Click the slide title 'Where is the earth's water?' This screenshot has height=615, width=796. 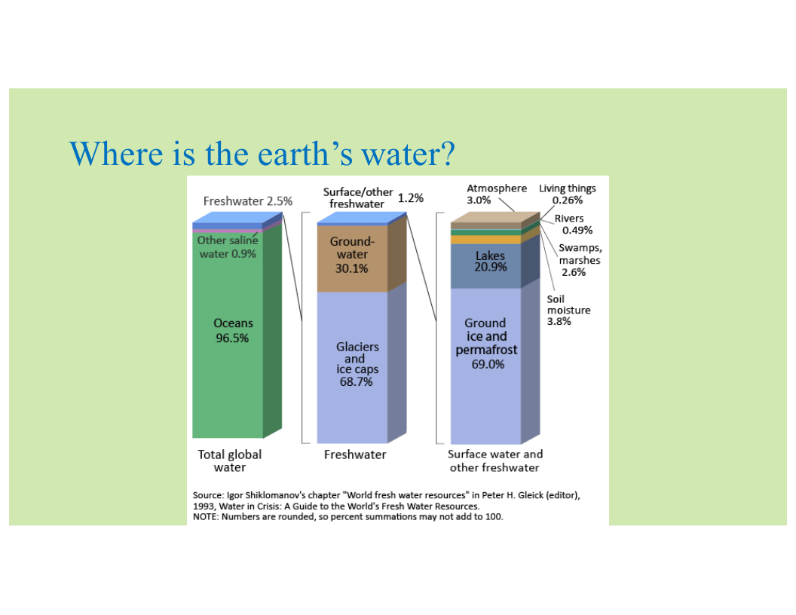(x=262, y=154)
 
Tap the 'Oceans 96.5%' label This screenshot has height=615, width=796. (x=233, y=330)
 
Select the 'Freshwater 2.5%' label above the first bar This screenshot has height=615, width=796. (x=248, y=201)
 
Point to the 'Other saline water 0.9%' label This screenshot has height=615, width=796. (x=228, y=246)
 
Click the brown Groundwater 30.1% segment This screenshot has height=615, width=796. (x=352, y=259)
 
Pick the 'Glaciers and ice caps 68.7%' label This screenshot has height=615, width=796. (x=357, y=364)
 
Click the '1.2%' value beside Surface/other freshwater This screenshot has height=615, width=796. (x=410, y=198)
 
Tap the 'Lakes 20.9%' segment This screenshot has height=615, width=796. (x=486, y=265)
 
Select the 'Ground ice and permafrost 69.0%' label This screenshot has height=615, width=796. (x=486, y=344)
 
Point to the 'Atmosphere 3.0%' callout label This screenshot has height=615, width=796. (x=497, y=194)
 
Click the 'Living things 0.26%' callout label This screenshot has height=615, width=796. (x=568, y=194)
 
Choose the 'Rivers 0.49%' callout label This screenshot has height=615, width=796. (x=573, y=224)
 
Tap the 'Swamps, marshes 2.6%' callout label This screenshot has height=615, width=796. (x=580, y=260)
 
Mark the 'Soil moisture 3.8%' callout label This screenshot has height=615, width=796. (x=568, y=310)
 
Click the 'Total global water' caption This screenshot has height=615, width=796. (x=229, y=460)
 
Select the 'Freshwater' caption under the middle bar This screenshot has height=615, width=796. (x=355, y=454)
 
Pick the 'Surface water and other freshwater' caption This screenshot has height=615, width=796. (x=495, y=460)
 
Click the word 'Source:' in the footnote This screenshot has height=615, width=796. (x=208, y=495)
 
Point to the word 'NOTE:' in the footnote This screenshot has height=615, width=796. (x=206, y=517)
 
